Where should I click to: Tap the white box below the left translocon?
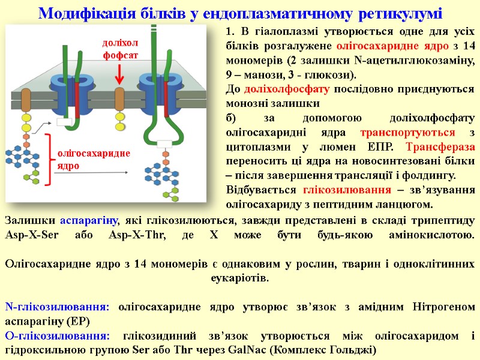64,122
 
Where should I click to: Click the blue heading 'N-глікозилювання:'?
57,307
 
